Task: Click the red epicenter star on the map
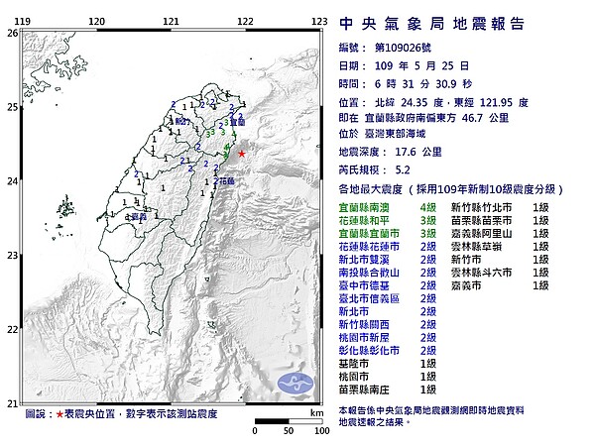pyautogui.click(x=242, y=153)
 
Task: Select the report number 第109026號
pyautogui.click(x=404, y=49)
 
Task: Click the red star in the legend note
pyautogui.click(x=60, y=412)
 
